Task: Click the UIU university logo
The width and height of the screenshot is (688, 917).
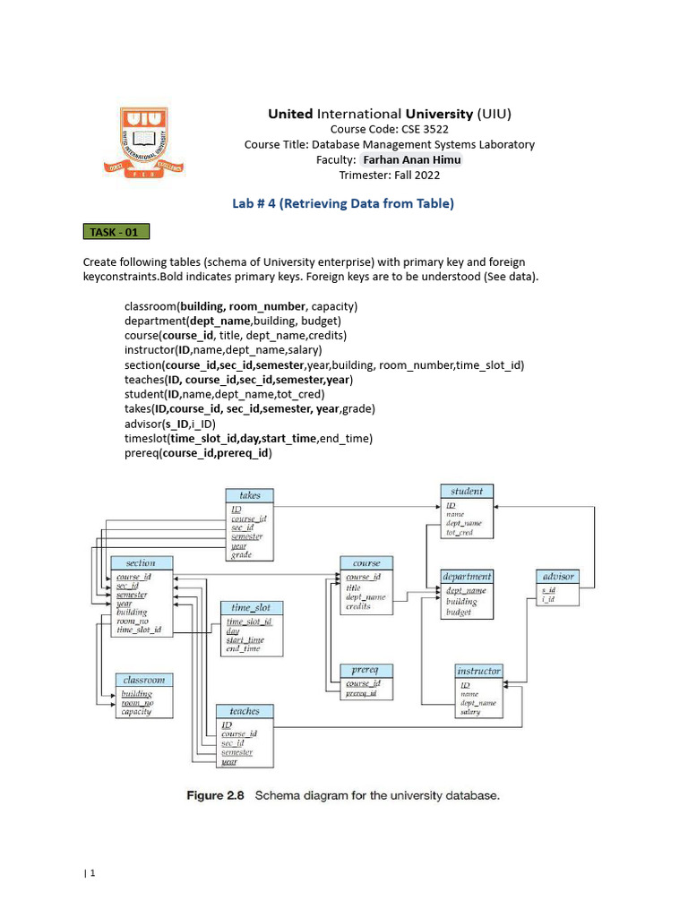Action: tap(143, 141)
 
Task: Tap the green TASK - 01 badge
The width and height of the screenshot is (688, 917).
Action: tap(116, 233)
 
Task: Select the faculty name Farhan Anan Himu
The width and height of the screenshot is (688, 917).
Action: tap(411, 160)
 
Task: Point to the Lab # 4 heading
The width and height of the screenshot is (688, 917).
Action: tap(343, 204)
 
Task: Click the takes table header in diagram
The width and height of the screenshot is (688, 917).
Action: tap(250, 495)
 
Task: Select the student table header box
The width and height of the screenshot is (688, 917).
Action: tap(467, 491)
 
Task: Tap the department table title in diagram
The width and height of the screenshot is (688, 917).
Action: tap(467, 577)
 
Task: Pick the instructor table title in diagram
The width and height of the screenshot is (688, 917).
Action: tap(479, 671)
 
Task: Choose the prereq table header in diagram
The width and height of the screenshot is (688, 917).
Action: tap(365, 670)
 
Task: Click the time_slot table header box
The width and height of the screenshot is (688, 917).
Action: tap(251, 608)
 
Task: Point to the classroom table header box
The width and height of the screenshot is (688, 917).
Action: tap(144, 681)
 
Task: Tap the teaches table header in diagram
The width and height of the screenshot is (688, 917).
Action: tap(244, 711)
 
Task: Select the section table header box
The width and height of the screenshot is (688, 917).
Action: tap(141, 563)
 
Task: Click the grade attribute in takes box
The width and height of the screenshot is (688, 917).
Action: tap(241, 555)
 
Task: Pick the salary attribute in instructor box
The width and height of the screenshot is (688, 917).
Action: tap(470, 713)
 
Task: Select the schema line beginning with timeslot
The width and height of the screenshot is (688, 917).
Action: tap(248, 438)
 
